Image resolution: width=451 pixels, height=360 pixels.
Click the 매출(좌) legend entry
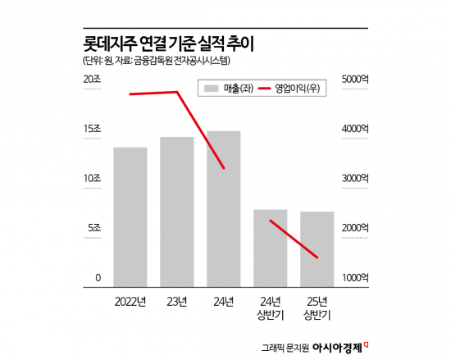tap(227, 88)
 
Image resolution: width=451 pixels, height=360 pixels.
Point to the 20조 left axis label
tap(91, 79)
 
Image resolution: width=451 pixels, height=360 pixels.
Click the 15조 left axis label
tap(91, 129)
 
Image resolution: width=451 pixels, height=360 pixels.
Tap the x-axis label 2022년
tap(130, 302)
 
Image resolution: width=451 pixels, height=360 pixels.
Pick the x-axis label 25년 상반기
tap(317, 308)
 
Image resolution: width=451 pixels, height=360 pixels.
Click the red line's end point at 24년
tap(224, 168)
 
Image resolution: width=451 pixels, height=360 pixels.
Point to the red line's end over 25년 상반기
tap(317, 257)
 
